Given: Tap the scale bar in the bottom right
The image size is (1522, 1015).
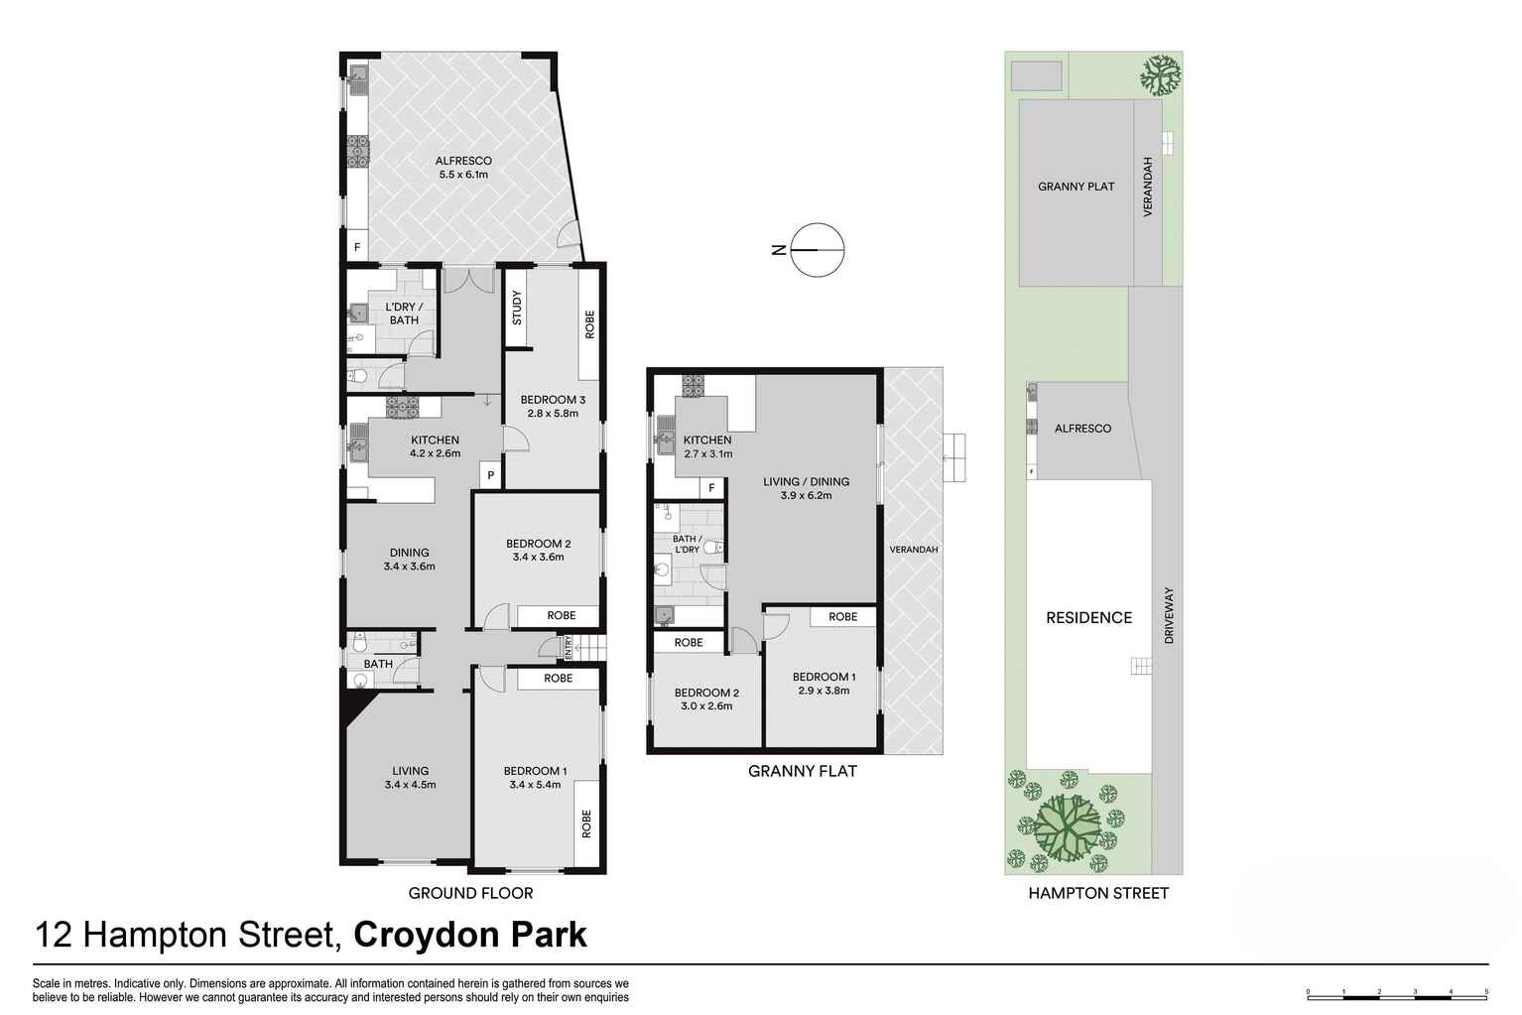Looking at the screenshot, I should pyautogui.click(x=1397, y=991).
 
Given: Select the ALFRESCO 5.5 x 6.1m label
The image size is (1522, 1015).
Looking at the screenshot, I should pyautogui.click(x=463, y=168).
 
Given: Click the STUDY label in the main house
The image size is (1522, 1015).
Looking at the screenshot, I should pyautogui.click(x=517, y=308).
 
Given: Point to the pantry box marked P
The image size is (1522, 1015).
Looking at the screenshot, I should pyautogui.click(x=490, y=476).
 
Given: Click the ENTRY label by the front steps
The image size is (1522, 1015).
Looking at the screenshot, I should pyautogui.click(x=569, y=648).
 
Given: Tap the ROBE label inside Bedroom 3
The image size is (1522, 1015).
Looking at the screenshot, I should pyautogui.click(x=589, y=324).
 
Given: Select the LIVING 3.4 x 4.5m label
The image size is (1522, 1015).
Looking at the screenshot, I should pyautogui.click(x=410, y=777).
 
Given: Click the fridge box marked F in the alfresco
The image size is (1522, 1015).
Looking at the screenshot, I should pyautogui.click(x=356, y=247).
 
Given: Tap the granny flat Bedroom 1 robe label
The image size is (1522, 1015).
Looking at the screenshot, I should pyautogui.click(x=842, y=616).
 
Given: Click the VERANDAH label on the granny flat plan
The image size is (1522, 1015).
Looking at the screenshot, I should pyautogui.click(x=913, y=549).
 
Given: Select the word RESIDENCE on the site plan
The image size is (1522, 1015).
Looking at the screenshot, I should pyautogui.click(x=1088, y=617).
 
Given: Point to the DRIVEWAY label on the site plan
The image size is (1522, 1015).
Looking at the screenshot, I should pyautogui.click(x=1169, y=616).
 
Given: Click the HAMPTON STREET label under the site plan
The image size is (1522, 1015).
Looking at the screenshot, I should pyautogui.click(x=1097, y=893).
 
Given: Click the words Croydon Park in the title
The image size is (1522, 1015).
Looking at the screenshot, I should pyautogui.click(x=470, y=935).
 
